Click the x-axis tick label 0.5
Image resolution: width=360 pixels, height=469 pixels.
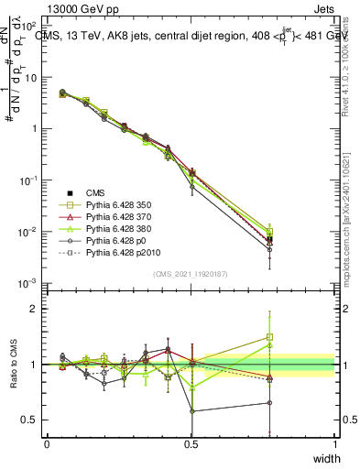191,443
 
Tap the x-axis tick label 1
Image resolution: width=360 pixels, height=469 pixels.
334,443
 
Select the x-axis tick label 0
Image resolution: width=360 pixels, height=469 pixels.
47,443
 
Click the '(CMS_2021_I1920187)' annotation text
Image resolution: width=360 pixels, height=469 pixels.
191,273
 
